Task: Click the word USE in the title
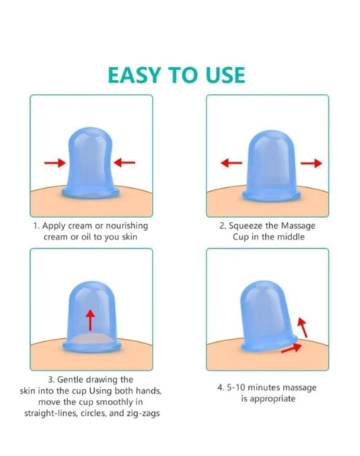[x=225, y=75]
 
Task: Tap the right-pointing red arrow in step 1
[x=55, y=163]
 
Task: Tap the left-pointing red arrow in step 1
[x=124, y=163]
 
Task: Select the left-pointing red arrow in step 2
[x=232, y=163]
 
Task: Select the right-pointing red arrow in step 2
[x=311, y=163]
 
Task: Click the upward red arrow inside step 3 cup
[x=91, y=320]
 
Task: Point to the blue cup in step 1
[x=90, y=163]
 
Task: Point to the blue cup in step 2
[x=271, y=166]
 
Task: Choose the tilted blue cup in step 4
[x=267, y=317]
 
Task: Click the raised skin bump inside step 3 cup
[x=91, y=338]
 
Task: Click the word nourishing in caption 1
[x=127, y=226]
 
